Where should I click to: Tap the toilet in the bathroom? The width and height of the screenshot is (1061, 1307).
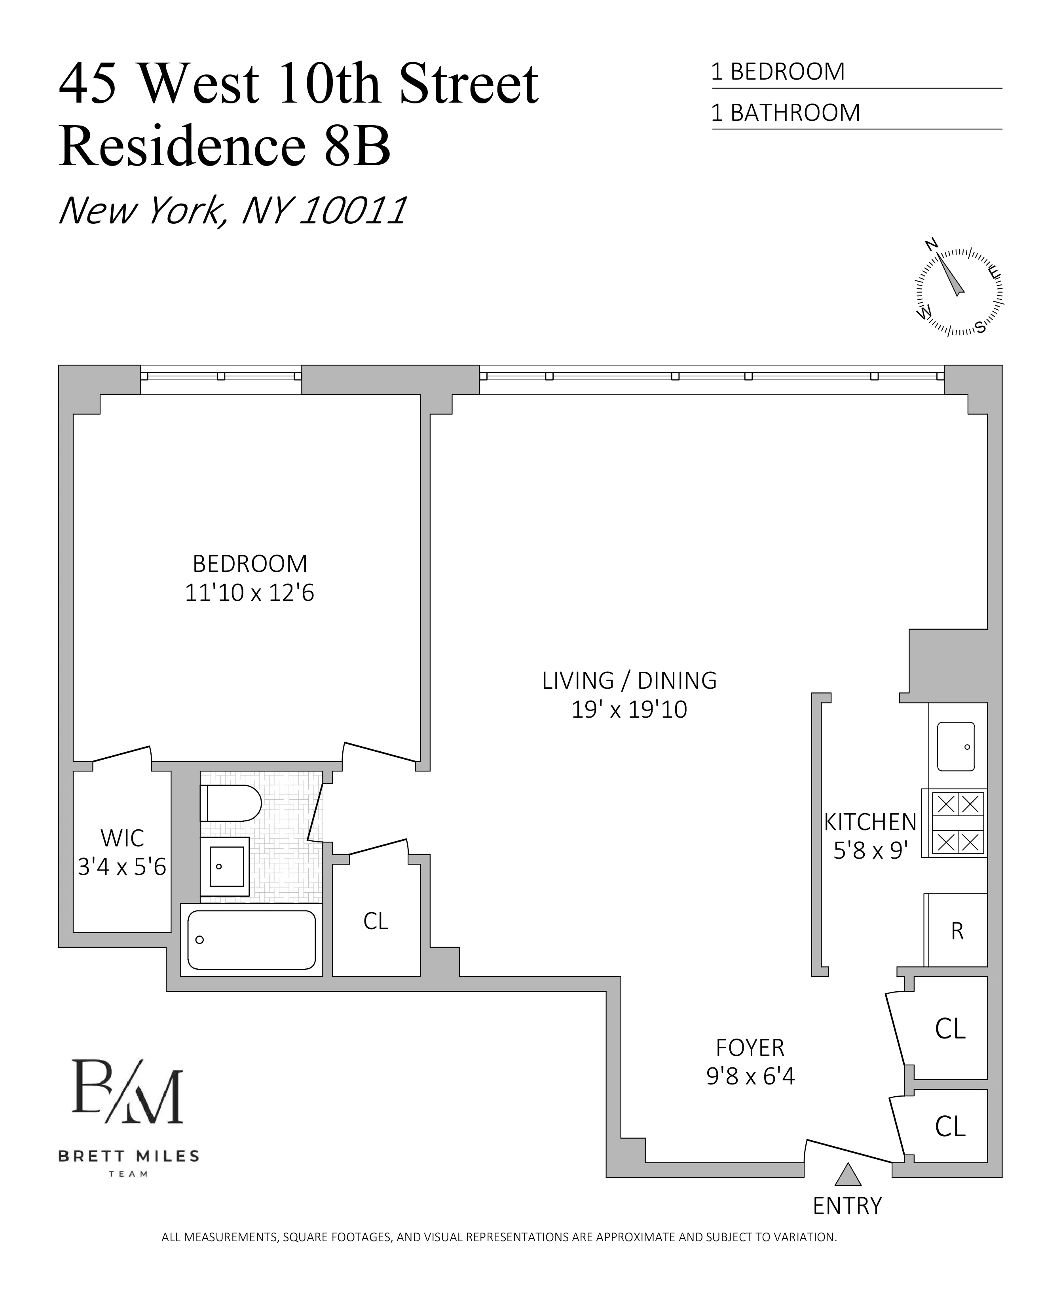click(x=230, y=803)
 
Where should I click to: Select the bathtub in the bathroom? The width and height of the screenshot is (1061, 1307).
click(x=251, y=939)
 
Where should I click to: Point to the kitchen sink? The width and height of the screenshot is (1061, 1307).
click(x=955, y=746)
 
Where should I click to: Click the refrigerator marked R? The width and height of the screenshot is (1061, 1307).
click(x=957, y=930)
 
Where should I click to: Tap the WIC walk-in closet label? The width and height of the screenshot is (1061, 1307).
click(x=122, y=838)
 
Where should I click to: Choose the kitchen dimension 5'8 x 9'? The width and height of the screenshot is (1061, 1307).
click(x=870, y=851)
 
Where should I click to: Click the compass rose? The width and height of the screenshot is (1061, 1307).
click(x=959, y=292)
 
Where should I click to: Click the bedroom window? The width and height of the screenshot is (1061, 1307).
click(x=221, y=376)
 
